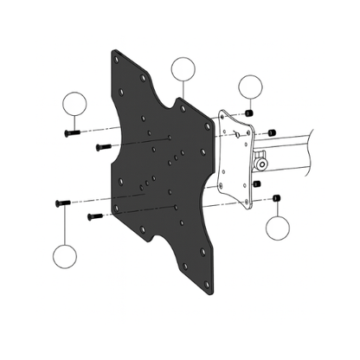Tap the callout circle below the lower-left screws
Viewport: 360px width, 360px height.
pos(66,257)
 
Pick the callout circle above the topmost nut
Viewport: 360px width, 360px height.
pos(250,87)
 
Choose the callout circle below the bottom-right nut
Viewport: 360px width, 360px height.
pos(278,228)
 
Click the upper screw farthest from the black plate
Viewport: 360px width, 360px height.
pos(70,132)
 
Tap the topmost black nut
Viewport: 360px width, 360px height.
pos(250,114)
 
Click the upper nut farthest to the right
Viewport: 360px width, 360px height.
pos(273,131)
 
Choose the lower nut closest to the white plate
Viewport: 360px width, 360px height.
pos(257,183)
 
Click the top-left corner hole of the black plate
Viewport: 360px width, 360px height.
pos(118,60)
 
